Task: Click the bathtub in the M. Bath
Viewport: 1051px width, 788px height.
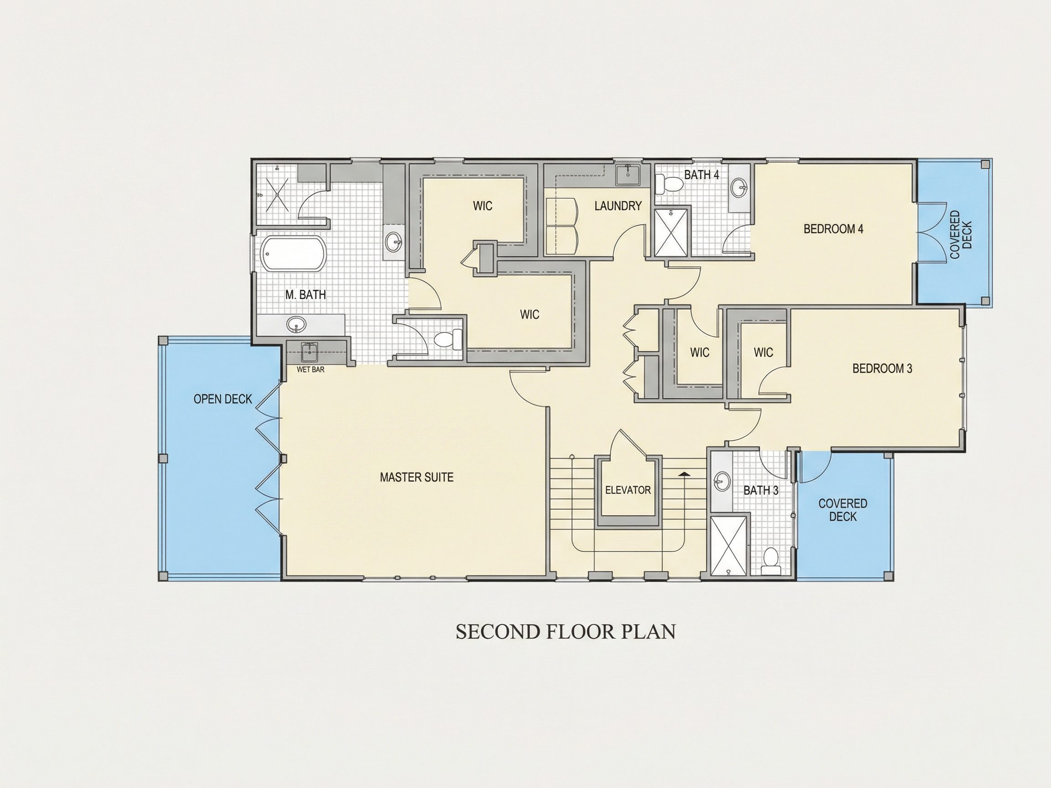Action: coord(294,254)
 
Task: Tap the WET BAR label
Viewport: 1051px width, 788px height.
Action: coord(310,369)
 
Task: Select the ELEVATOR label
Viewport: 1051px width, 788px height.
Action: coord(628,490)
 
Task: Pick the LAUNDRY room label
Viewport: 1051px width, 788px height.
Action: coord(618,206)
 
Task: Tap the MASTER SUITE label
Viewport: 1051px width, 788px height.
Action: coord(416,477)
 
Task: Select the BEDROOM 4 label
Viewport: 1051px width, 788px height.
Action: coord(833,229)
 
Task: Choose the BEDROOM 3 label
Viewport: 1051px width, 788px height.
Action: coord(882,368)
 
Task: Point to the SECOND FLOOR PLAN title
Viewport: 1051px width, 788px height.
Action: coord(565,632)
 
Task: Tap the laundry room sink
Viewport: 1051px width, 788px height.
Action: coord(628,174)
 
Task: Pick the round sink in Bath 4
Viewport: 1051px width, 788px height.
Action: coord(739,187)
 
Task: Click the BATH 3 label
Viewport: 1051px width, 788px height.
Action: coord(761,490)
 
